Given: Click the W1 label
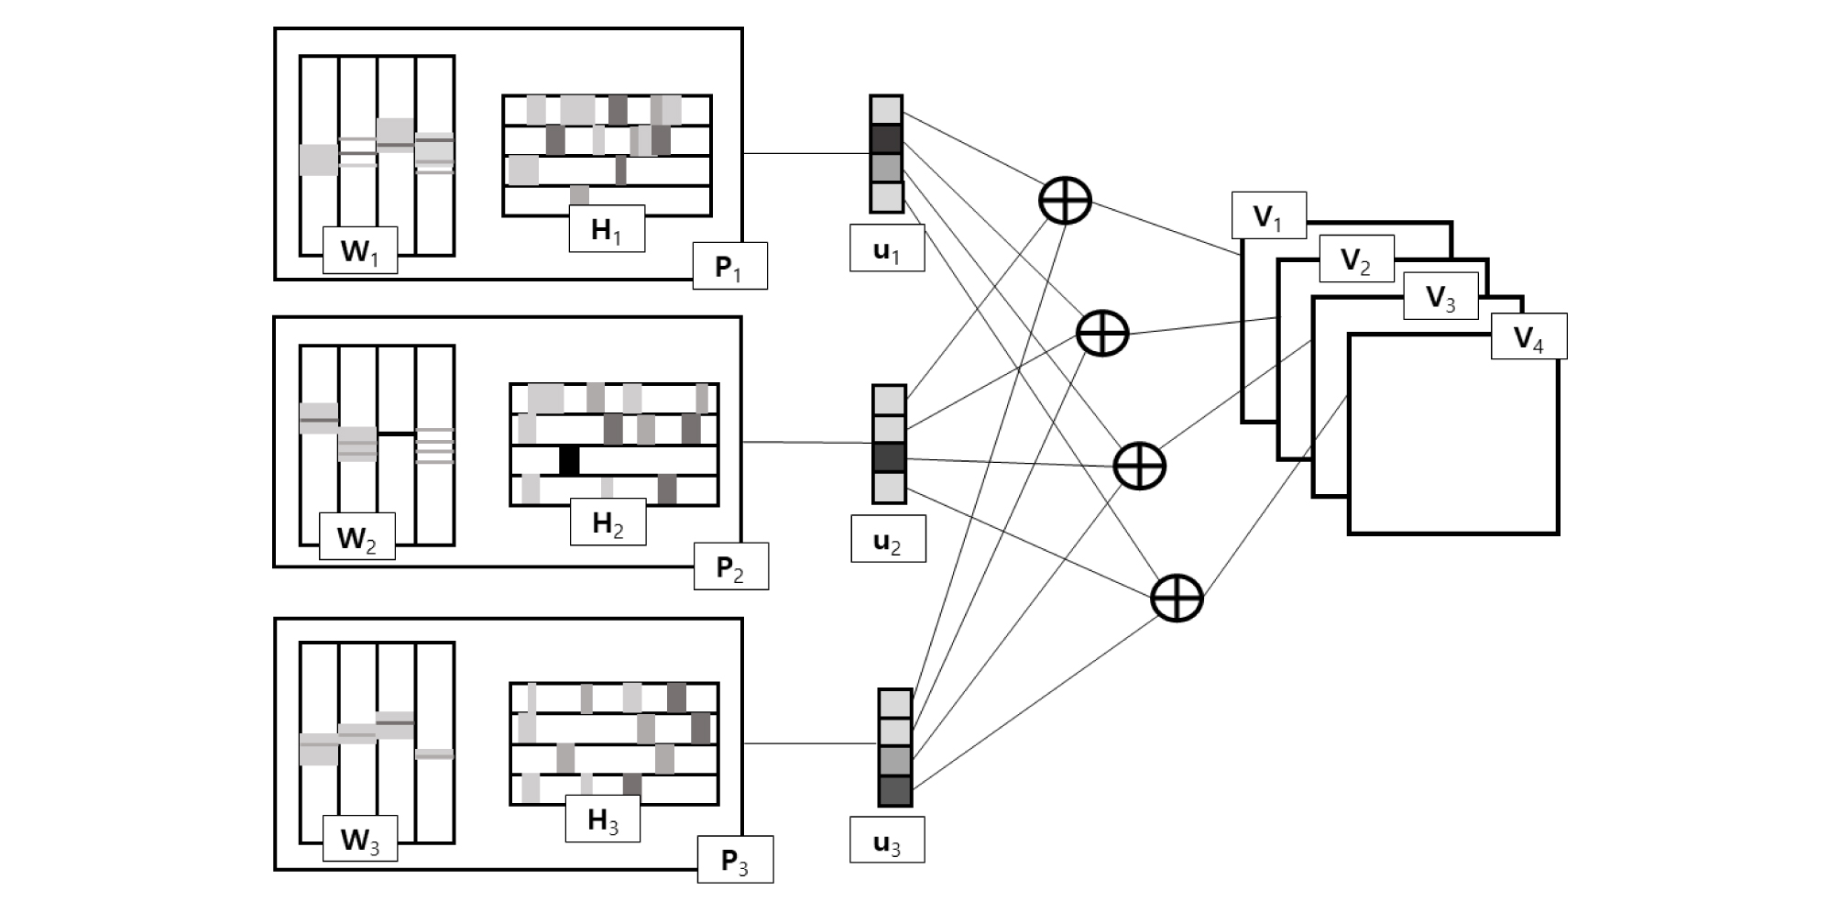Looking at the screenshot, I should pos(360,250).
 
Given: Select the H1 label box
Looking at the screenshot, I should pos(607,228).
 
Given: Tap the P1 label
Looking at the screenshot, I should pos(729,266).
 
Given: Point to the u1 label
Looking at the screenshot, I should pos(886,248).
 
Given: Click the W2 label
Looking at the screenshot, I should pos(356,536).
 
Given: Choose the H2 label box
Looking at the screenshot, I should pos(608,522).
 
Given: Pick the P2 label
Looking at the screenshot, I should pos(730,566).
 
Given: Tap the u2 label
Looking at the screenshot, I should pos(887,539).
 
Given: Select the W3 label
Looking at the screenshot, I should pos(360,839).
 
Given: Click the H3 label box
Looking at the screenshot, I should pos(602,819).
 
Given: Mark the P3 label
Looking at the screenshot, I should pos(735,860).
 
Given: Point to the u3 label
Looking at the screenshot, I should pos(886,841).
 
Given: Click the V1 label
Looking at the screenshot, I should pos(1268,215).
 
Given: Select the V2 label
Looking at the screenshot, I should pos(1356,258).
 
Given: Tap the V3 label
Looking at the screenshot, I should pos(1440,296).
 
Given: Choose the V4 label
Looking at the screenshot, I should pos(1528,336).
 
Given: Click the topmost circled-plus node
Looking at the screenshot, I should pos(1066,200).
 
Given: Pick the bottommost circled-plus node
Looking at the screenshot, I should pos(1177,599).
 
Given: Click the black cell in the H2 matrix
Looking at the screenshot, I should pos(569,460).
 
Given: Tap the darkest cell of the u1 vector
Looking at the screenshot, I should pos(886,139).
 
